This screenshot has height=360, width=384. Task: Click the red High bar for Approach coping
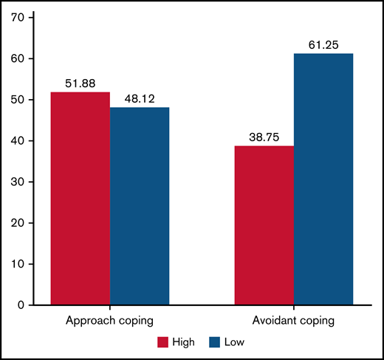pos(80,198)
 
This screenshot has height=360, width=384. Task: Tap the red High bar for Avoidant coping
pos(264,225)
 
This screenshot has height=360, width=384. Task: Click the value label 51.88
pos(80,84)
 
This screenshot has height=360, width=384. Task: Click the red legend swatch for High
pos(162,342)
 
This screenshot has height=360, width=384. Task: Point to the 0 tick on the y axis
pos(29,305)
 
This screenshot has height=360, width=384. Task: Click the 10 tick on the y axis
pos(27,264)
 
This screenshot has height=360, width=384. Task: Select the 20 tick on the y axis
pos(27,223)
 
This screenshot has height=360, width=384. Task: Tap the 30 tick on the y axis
pos(27,182)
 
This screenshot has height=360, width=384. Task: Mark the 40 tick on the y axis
pos(27,140)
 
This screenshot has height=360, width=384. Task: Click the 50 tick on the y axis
pos(27,100)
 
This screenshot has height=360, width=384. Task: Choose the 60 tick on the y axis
pos(27,58)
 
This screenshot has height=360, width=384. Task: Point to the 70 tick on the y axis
pos(27,18)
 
